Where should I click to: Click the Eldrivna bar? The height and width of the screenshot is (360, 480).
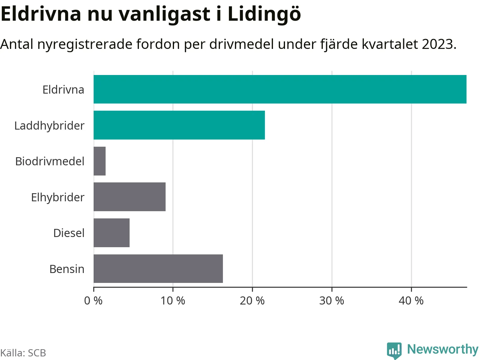[280, 89]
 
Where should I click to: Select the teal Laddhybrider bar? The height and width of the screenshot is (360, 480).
[179, 125]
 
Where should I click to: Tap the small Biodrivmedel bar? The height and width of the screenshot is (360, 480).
[100, 161]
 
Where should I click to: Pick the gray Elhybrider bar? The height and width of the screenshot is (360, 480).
[130, 197]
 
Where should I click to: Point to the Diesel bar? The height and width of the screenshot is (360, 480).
[112, 233]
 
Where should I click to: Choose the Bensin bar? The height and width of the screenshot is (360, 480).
[158, 268]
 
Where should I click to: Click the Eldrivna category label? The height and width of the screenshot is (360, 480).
[63, 90]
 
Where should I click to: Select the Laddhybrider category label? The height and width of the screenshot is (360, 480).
[49, 126]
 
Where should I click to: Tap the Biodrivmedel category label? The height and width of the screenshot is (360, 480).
[50, 161]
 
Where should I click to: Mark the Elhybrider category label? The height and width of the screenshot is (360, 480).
[58, 197]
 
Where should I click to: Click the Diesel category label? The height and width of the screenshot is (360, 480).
[69, 233]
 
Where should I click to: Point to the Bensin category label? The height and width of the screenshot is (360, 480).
[67, 269]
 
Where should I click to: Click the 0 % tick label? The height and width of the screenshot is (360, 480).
[93, 300]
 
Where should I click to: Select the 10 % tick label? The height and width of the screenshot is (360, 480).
[173, 300]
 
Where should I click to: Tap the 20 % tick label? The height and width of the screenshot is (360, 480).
[252, 300]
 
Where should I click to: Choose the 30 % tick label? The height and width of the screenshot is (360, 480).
[331, 300]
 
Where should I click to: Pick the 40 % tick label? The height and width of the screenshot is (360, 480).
[411, 300]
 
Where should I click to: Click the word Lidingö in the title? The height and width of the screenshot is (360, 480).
[264, 14]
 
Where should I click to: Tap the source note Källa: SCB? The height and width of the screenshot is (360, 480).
[23, 353]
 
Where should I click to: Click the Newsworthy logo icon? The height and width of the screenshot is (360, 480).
[394, 350]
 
